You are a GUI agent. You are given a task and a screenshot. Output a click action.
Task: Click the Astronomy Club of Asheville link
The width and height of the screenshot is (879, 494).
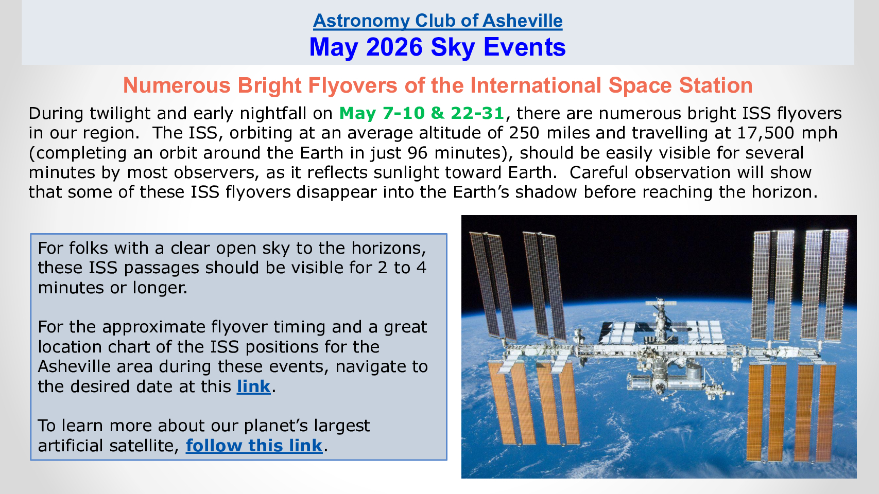point(438,21)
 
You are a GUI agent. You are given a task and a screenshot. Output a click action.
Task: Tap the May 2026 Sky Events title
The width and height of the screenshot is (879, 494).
point(438,47)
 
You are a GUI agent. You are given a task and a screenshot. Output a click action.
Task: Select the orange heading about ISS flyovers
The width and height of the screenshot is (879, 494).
point(438,85)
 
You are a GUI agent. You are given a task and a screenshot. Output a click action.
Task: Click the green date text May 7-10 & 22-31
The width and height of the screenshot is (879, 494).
point(421,113)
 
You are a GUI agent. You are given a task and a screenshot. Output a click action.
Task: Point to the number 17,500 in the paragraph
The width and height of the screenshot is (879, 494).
point(766,133)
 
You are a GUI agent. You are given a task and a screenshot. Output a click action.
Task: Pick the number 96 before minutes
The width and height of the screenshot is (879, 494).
point(417,153)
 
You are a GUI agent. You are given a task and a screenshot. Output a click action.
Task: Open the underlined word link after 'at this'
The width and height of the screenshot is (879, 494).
point(253,386)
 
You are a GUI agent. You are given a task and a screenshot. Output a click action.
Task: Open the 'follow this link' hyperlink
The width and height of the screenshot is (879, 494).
point(254,446)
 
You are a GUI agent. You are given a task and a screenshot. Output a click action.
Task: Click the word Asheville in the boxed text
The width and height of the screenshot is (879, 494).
point(95,366)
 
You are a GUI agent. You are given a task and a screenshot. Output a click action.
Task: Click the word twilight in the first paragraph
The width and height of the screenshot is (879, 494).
point(120,113)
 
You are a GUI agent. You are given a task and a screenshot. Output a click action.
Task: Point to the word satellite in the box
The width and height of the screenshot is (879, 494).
point(142,446)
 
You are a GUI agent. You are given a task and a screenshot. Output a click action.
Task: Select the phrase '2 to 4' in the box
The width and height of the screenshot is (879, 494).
point(402,268)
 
